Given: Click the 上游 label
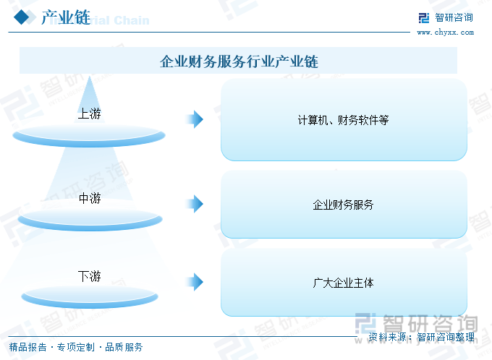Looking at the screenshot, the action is click(90, 113).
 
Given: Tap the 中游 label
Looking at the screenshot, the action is click(90, 198).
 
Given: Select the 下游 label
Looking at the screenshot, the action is click(90, 276).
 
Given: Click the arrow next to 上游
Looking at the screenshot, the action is click(195, 119).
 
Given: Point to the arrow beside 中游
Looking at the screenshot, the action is click(195, 204).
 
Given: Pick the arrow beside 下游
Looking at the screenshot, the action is click(195, 282).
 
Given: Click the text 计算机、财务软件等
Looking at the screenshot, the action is click(343, 120).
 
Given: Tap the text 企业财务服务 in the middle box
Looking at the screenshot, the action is click(343, 205).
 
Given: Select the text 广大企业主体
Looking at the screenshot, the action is click(343, 283).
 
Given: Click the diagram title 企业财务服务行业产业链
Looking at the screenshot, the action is click(239, 61).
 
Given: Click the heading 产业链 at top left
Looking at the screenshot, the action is click(66, 17).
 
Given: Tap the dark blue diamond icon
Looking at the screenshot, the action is click(22, 17).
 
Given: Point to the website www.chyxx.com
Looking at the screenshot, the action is click(445, 33).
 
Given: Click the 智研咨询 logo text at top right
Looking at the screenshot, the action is click(454, 17).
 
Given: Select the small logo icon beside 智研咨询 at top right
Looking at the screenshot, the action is click(424, 18).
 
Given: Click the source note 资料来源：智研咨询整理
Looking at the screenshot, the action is click(421, 337).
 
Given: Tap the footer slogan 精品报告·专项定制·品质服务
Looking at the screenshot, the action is click(76, 347).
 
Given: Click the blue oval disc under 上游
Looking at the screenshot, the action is click(89, 136).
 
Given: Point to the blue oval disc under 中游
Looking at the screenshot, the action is click(90, 219).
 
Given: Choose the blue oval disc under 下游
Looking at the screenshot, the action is click(90, 296).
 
